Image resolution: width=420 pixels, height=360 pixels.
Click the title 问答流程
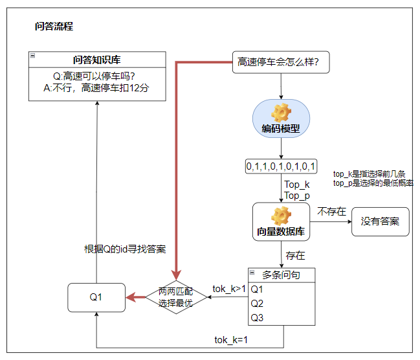(x=54, y=27)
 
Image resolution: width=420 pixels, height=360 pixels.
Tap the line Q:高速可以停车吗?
(x=96, y=75)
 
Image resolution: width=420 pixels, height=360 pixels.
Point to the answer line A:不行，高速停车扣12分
(x=96, y=88)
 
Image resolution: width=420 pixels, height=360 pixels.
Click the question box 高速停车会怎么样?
(x=281, y=63)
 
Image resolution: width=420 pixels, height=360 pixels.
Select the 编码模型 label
(x=281, y=129)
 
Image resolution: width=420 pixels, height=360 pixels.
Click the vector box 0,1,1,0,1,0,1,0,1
(x=281, y=166)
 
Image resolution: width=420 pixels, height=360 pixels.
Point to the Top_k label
(x=297, y=185)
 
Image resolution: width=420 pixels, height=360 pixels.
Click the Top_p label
(x=297, y=196)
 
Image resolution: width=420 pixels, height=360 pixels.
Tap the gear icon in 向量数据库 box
(x=281, y=215)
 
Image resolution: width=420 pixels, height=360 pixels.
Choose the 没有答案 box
(x=381, y=221)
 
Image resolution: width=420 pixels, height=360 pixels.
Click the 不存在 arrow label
(x=331, y=211)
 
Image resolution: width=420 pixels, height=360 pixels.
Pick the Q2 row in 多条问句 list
(x=258, y=303)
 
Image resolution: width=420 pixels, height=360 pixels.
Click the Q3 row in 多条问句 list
(x=258, y=317)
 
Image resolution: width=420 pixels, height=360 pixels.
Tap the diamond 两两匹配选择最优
(x=176, y=298)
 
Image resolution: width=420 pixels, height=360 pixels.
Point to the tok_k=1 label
(x=232, y=340)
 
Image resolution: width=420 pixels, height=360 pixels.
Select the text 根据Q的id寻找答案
(x=126, y=249)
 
